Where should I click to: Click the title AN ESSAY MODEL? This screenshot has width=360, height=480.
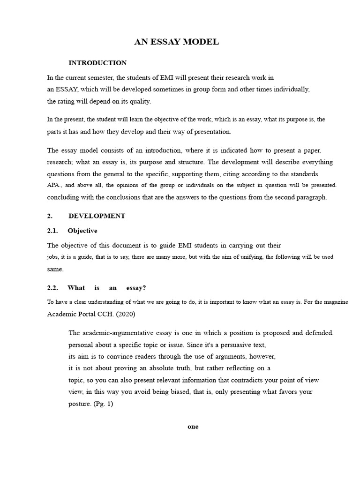coord(177,42)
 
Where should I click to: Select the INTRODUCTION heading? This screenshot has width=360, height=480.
coord(97,63)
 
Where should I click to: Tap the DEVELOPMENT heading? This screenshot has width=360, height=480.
coord(97,216)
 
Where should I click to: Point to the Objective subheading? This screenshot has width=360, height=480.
coord(82,231)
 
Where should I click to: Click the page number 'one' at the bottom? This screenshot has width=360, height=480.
coord(193,427)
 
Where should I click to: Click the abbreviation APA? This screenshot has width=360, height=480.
coord(54,185)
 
